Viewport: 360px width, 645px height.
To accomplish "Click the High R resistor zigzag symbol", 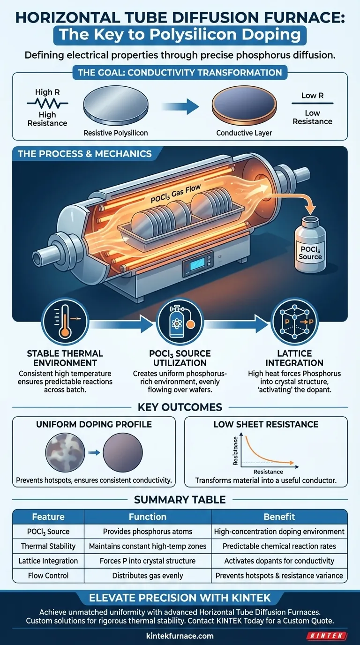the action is [47, 103].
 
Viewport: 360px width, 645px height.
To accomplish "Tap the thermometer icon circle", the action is [65, 322].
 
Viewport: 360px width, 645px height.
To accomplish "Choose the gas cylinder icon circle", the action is [180, 322].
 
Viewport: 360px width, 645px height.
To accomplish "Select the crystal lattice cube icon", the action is [295, 322].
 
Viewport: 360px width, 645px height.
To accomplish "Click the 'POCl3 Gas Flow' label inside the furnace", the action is [176, 194].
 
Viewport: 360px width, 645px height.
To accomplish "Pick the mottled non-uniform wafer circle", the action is [65, 452].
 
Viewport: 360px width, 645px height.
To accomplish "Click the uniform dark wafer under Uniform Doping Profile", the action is [123, 452].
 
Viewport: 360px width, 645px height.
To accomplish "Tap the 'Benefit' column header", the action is [279, 517].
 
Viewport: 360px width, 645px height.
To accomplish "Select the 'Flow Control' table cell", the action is [48, 576].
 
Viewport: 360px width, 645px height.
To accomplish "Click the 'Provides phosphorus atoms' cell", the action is [148, 531].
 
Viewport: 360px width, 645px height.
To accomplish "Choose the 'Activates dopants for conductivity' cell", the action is [279, 561].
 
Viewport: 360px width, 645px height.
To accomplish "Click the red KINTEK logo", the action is [327, 636].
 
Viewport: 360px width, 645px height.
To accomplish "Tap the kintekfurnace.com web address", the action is [180, 636].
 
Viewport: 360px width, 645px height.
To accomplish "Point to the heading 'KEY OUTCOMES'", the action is [180, 407].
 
